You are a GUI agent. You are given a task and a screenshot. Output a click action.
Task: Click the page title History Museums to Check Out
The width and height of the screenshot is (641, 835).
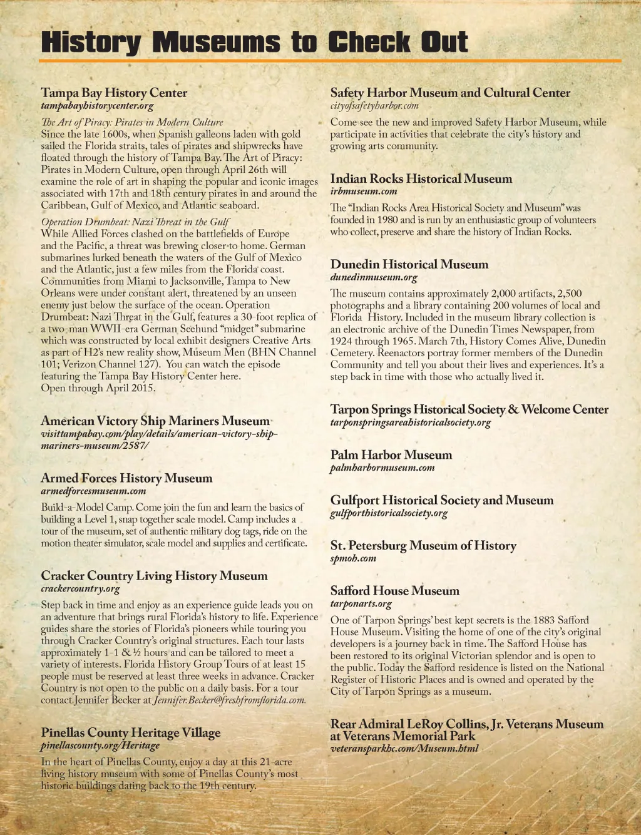point(254,42)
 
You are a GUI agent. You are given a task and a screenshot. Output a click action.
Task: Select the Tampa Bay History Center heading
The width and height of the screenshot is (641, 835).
point(114,93)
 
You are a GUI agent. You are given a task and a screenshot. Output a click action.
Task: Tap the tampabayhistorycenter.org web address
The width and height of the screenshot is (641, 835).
point(97,106)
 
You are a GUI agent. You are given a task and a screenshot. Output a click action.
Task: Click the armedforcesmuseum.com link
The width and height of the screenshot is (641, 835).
point(93,491)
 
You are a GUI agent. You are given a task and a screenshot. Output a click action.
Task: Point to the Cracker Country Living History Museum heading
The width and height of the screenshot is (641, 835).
point(154,576)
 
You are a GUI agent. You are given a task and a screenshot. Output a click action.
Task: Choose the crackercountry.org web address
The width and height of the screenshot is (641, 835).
point(80,589)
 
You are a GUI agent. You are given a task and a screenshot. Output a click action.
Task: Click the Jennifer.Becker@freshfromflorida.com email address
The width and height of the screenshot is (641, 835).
point(230,700)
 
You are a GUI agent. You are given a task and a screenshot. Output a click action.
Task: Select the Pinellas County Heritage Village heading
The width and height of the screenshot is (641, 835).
point(131,732)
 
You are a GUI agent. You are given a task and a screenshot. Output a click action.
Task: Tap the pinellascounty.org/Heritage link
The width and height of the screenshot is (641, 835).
point(100,745)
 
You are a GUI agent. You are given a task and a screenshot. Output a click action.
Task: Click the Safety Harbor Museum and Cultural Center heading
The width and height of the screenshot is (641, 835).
point(450,93)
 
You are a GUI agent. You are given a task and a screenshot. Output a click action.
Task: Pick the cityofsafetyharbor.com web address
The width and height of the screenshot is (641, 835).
point(374,106)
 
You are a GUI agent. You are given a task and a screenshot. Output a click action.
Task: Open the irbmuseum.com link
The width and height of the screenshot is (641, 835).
point(364,192)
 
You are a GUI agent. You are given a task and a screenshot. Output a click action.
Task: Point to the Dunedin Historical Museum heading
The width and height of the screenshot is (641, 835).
point(409,264)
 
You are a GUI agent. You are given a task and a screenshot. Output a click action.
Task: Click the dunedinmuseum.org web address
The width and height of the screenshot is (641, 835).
point(374,277)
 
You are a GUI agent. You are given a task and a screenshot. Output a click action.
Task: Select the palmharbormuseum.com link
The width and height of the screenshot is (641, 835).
point(382,468)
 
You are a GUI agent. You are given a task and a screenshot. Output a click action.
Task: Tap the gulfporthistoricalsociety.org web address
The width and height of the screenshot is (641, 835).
point(389,513)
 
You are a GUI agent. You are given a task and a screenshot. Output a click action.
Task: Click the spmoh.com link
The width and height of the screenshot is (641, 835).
point(353,558)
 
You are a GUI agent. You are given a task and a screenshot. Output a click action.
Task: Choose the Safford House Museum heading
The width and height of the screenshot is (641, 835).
point(395,591)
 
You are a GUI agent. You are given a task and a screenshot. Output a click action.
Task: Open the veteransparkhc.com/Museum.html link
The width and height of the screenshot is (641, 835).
point(404,749)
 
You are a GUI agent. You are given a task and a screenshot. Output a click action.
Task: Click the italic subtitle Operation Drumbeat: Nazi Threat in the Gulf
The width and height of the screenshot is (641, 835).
point(135,222)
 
